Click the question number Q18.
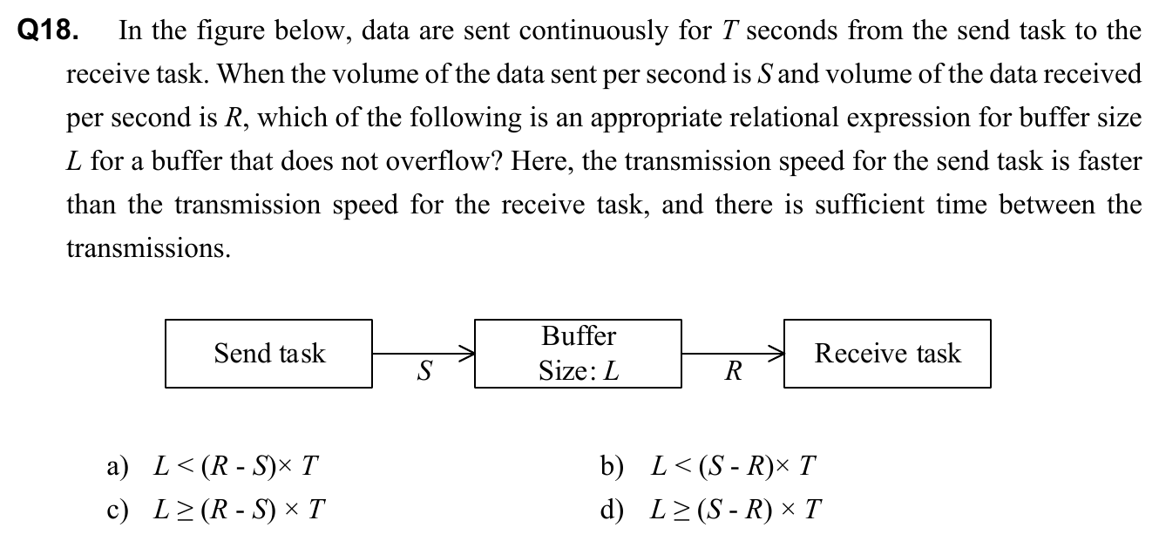click(x=49, y=32)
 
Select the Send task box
click(x=268, y=354)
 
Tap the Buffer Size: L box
click(x=578, y=354)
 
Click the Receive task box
click(x=887, y=354)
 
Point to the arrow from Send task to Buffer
click(x=424, y=354)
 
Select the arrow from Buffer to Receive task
click(x=733, y=354)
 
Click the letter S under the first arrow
click(x=424, y=372)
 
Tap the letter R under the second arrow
click(x=734, y=373)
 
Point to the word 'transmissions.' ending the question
click(x=149, y=250)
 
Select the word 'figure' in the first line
click(x=248, y=32)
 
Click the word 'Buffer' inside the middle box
click(x=579, y=336)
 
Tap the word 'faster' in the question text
click(x=1108, y=163)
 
